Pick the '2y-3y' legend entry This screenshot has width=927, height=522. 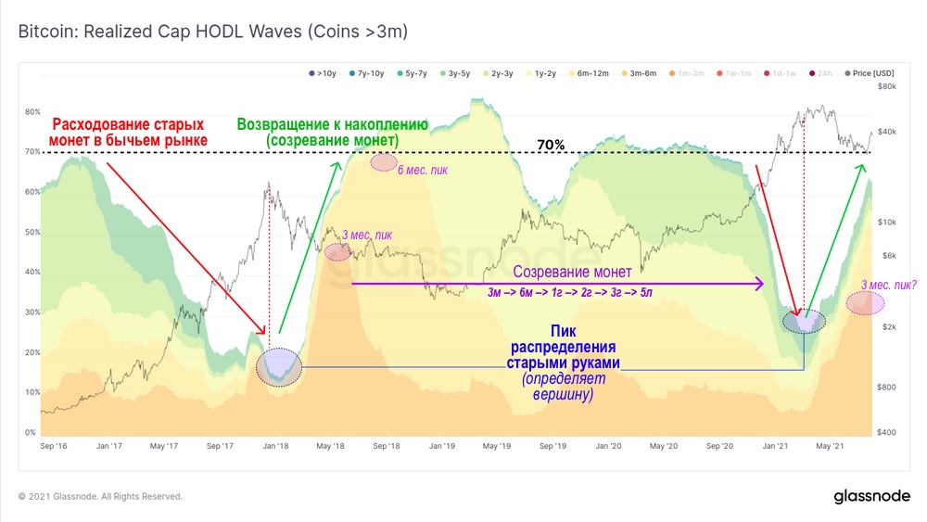coord(501,72)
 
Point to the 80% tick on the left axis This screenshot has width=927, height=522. coord(32,112)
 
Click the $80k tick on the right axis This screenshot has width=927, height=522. coord(886,86)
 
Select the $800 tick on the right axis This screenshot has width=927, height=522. coord(886,387)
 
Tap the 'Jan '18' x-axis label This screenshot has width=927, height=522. coord(275,446)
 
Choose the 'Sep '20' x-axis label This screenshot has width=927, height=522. coord(720,446)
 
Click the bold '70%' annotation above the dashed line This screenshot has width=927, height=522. coord(551,146)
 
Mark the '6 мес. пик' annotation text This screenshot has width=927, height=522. coord(425,170)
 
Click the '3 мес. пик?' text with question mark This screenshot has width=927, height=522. coord(888,285)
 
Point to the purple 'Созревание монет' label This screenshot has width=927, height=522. coord(572,273)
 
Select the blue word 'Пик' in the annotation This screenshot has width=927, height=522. coord(564,331)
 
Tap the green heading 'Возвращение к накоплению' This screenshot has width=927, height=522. coord(332,124)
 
